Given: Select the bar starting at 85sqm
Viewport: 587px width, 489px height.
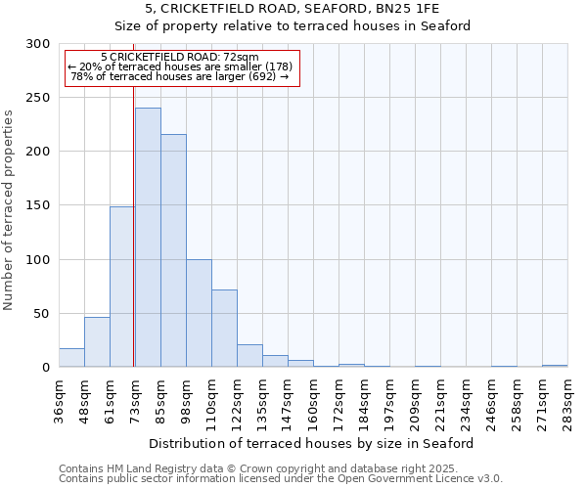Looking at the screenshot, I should point(173,250).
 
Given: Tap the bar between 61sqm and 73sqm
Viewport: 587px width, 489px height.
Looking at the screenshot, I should point(122,287).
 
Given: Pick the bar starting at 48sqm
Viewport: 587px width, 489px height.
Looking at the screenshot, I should point(97,342).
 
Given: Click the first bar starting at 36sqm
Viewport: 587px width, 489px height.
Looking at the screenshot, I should point(71,358).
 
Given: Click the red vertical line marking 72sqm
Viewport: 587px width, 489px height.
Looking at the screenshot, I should point(133,225).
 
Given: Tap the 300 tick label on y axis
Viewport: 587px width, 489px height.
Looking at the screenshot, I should point(38,44).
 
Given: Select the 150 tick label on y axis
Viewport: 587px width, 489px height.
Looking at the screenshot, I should point(38,206).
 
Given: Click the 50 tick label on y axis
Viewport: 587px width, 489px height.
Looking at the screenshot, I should point(42,314).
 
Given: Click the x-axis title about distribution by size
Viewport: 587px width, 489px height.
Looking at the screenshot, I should point(312,444).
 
